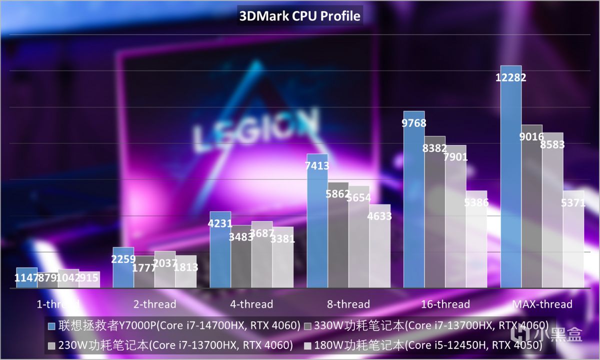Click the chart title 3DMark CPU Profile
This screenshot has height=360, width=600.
[x=299, y=16]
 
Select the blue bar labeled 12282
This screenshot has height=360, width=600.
[x=511, y=180]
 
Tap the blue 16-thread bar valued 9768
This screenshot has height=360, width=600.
[x=414, y=200]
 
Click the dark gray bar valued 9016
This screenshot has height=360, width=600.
[x=531, y=210]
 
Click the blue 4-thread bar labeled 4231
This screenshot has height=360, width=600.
[x=220, y=250]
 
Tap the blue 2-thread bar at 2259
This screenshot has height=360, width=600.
[x=123, y=267]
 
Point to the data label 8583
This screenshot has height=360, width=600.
[x=552, y=144]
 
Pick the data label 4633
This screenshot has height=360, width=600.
[x=379, y=216]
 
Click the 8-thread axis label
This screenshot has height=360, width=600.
[x=348, y=304]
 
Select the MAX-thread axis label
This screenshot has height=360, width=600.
[x=542, y=304]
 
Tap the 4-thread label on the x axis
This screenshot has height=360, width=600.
[x=251, y=304]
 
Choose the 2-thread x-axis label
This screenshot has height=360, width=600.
[x=154, y=304]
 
